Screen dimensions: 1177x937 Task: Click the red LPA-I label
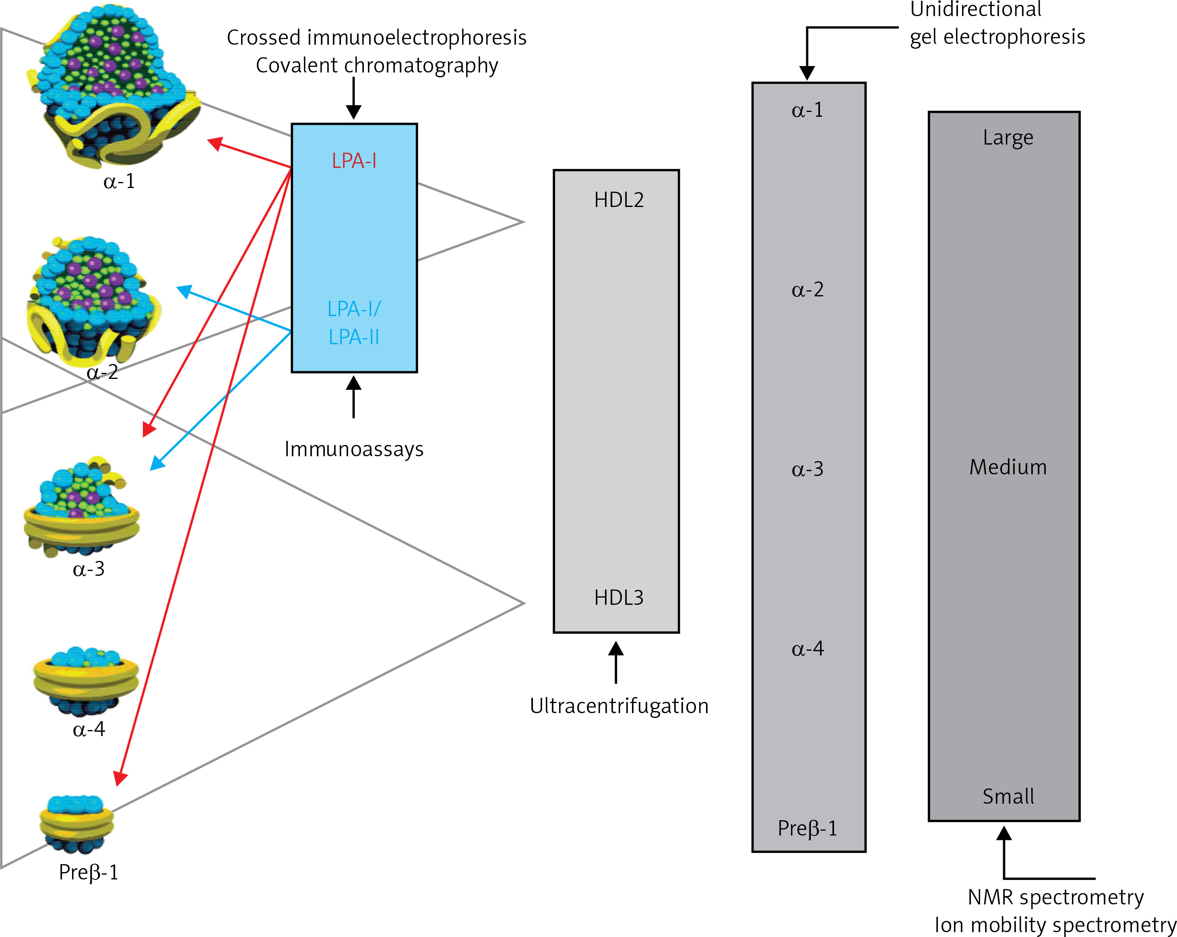click(354, 161)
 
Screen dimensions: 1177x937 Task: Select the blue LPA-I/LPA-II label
click(354, 323)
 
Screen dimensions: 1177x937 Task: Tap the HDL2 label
click(619, 200)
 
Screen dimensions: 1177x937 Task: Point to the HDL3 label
click(619, 598)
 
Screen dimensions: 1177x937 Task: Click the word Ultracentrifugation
click(619, 706)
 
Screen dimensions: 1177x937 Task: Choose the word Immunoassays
click(354, 449)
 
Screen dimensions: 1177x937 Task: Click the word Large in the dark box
click(1008, 138)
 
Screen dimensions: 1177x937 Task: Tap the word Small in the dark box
click(1008, 796)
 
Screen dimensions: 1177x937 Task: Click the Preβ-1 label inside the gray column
click(807, 828)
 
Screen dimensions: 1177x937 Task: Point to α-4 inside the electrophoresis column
click(807, 648)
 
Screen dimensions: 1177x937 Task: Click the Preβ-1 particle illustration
click(76, 824)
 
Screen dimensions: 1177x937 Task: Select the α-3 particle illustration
click(82, 506)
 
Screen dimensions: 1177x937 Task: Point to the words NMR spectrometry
click(1056, 897)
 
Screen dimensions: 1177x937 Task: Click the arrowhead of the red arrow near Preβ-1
click(120, 778)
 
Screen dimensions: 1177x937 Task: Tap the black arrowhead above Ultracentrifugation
click(616, 648)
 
